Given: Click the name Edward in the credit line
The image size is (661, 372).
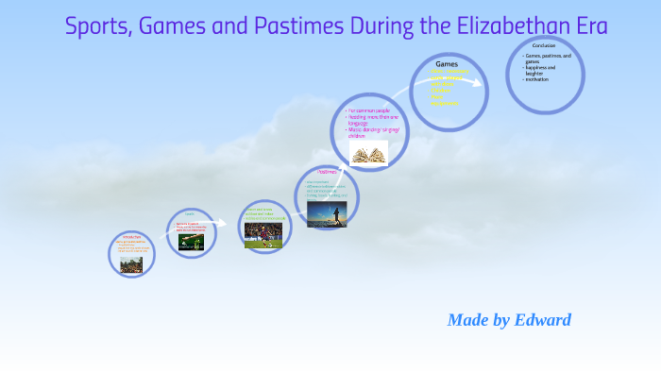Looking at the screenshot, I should [x=543, y=320].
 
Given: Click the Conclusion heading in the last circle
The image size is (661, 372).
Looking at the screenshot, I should [x=543, y=45].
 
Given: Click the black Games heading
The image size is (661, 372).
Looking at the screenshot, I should [x=446, y=63].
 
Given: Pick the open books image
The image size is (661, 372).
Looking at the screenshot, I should [x=368, y=153].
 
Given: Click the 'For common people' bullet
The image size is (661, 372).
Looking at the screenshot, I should [x=367, y=111].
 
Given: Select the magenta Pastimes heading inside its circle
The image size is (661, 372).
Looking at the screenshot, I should [x=327, y=172].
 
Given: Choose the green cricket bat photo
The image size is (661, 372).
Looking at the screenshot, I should [x=192, y=240].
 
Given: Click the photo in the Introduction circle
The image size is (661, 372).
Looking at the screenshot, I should [x=131, y=263].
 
